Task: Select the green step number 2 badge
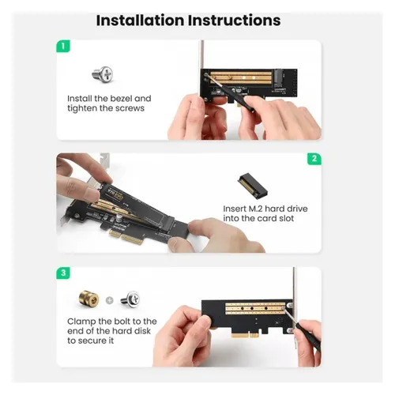(314, 159)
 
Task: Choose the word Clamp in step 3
(83, 322)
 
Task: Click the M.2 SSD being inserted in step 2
(126, 185)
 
